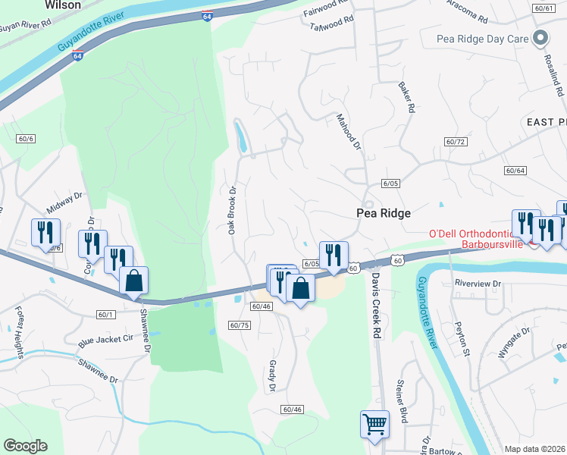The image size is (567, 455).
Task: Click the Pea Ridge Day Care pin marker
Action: coord(540,38)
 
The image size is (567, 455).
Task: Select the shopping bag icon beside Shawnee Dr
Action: coord(133,280)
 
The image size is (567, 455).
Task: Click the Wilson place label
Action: coord(63,5)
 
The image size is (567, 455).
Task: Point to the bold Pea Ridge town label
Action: coord(383,214)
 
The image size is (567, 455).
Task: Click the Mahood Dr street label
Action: coord(349,131)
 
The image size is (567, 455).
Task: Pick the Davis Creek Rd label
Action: coord(375,306)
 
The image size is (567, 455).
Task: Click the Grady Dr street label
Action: coord(271,376)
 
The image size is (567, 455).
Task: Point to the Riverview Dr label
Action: coord(478,283)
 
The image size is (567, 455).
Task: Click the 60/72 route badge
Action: coord(455,142)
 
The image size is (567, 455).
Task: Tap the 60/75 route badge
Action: coord(239,325)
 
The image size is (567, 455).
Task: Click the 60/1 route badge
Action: coord(106,314)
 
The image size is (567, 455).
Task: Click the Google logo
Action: coord(25,446)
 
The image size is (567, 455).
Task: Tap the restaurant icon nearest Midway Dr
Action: coord(45,231)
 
